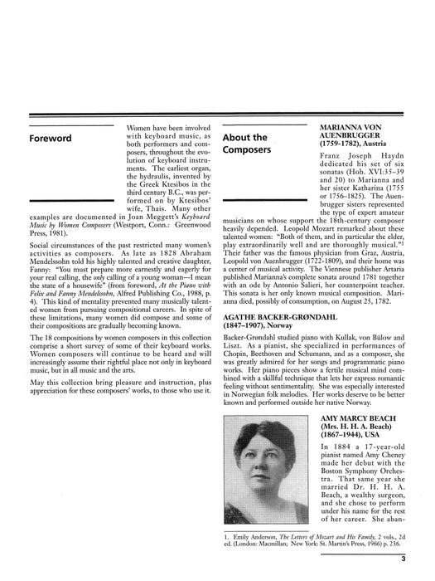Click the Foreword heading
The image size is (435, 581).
click(x=50, y=138)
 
